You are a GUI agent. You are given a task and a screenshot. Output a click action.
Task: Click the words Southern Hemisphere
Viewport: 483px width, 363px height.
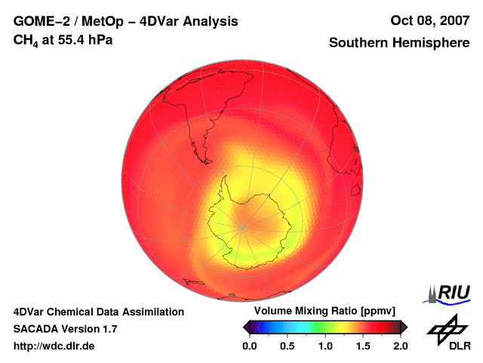click(x=399, y=43)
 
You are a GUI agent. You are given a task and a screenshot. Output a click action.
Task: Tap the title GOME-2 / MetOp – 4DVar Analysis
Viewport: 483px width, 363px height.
click(x=126, y=21)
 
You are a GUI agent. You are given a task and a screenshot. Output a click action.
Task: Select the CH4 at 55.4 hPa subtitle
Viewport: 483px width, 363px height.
click(x=63, y=40)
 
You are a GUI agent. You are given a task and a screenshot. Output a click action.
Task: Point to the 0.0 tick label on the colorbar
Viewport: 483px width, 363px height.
click(x=250, y=346)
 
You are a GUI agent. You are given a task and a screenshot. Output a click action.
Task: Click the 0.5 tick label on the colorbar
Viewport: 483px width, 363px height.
click(x=288, y=346)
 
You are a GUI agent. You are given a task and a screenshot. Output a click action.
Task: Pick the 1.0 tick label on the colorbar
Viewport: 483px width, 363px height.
click(x=325, y=346)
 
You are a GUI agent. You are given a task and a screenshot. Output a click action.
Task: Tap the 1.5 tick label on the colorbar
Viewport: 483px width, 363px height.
click(x=363, y=346)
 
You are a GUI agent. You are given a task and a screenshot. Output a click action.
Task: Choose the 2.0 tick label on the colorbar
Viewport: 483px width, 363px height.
click(x=401, y=346)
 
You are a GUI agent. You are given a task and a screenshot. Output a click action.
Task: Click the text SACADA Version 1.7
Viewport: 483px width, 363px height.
click(x=65, y=329)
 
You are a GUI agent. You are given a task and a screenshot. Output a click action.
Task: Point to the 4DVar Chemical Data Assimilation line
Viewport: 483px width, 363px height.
click(x=99, y=312)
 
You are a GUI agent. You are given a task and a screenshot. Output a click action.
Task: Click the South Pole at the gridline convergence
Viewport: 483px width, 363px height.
click(x=244, y=225)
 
